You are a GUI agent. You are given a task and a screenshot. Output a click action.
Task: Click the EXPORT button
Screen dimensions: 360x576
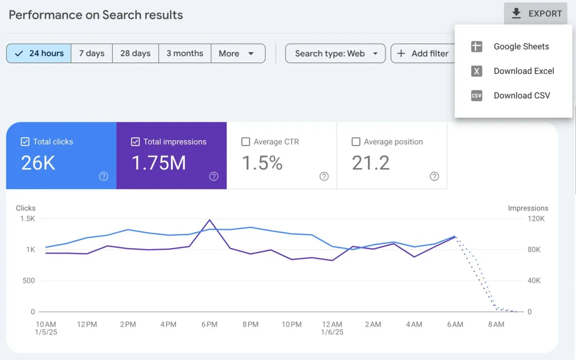(x=536, y=13)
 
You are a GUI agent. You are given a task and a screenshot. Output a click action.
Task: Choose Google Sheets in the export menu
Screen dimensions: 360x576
(x=521, y=47)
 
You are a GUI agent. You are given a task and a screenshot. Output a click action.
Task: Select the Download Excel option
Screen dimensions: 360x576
(x=523, y=71)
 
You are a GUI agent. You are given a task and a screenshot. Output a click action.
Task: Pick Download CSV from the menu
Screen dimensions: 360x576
(x=521, y=96)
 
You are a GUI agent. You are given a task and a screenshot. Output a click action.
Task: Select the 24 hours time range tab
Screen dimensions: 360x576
(x=39, y=53)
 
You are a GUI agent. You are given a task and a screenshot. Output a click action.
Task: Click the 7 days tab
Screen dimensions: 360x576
(x=92, y=53)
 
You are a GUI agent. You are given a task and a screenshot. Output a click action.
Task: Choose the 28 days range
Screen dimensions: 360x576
(x=135, y=53)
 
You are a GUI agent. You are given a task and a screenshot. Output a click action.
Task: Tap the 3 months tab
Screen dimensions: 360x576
(x=185, y=53)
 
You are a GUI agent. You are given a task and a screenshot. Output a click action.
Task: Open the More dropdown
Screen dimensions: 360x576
(x=237, y=53)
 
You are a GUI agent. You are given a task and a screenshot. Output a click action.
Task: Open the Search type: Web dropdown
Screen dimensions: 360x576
(x=336, y=53)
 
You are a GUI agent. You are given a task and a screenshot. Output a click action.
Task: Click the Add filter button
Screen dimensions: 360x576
(x=423, y=53)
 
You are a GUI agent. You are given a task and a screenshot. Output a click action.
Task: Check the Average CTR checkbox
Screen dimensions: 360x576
(x=246, y=142)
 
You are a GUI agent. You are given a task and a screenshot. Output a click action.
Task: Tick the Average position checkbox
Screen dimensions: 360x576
(x=356, y=142)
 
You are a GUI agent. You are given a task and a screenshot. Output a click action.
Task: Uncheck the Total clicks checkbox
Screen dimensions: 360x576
(x=25, y=142)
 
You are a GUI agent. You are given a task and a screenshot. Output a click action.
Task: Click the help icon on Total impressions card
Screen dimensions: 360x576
(x=214, y=176)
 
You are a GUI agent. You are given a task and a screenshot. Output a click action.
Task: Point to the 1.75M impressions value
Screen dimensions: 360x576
(x=158, y=163)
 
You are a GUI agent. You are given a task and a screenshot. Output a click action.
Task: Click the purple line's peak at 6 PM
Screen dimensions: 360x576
(x=210, y=220)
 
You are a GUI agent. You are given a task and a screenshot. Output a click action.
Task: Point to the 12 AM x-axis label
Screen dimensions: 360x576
(x=332, y=324)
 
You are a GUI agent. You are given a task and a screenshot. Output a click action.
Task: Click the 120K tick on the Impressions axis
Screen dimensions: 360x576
(x=536, y=218)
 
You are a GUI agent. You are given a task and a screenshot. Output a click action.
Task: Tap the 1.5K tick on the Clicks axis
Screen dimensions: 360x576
(x=27, y=218)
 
